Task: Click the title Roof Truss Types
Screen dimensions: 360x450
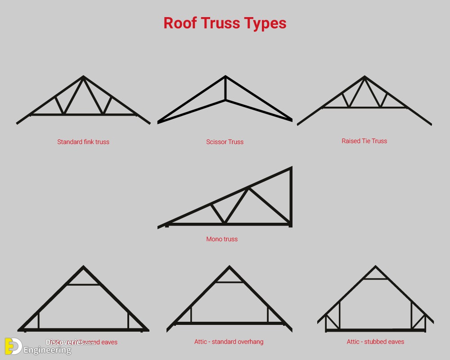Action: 225,23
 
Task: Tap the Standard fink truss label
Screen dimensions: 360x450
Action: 83,142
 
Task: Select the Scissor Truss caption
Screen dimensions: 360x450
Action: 225,142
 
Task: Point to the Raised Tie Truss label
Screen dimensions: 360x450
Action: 364,141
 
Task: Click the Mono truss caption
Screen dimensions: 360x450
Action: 222,239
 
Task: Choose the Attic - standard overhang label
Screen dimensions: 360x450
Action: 229,342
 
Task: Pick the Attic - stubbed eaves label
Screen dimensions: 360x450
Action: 375,342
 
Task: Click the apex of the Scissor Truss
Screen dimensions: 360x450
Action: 225,77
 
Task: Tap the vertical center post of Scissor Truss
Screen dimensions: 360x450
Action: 225,89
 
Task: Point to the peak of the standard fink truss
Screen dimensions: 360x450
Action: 83,77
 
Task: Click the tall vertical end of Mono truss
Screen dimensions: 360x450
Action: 291,197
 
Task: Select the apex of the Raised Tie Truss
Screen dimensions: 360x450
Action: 364,77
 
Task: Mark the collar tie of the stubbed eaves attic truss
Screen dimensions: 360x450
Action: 375,279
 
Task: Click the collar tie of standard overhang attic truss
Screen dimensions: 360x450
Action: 229,282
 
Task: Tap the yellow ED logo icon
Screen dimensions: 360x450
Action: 13,346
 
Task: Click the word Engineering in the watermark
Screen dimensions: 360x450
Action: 47,350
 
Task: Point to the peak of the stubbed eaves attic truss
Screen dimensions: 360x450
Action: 375,267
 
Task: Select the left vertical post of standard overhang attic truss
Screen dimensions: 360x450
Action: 191,314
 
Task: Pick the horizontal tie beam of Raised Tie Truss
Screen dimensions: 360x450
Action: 364,108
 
